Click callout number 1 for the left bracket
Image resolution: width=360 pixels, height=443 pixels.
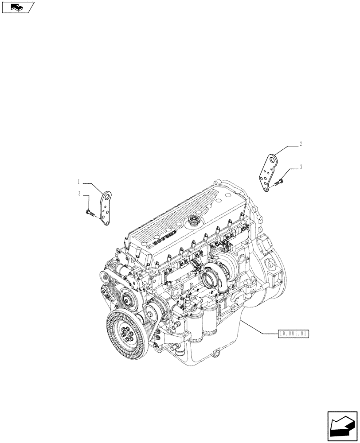[78, 181]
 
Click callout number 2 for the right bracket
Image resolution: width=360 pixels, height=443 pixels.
[301, 144]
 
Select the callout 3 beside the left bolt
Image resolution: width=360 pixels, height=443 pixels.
[79, 194]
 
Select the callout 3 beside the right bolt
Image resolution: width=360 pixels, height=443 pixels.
[301, 167]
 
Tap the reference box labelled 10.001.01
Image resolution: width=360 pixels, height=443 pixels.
[293, 334]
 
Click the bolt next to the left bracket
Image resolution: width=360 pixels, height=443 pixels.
[90, 214]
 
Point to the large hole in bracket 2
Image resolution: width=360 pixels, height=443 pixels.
[272, 159]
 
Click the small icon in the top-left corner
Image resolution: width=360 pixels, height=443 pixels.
[17, 7]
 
